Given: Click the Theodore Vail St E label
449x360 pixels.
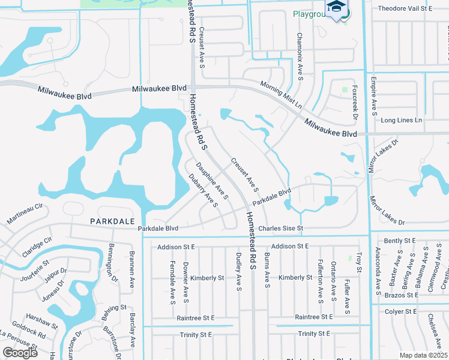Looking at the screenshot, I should pos(405,9).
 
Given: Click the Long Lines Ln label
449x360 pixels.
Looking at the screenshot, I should pos(402,121).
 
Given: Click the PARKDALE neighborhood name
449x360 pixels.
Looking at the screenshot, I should pos(112,221).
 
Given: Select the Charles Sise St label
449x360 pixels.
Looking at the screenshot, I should pos(282,229).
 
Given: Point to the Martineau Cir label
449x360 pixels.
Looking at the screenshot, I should pos(25,214).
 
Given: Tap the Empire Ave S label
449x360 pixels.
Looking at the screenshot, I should pos(374,96).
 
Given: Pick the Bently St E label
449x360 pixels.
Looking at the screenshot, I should pos(399,240).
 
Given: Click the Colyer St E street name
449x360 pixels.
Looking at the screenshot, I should pos(402,311).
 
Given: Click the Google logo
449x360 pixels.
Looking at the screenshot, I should pos(20,353).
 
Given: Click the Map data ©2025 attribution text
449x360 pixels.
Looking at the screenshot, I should pos(424,355).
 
